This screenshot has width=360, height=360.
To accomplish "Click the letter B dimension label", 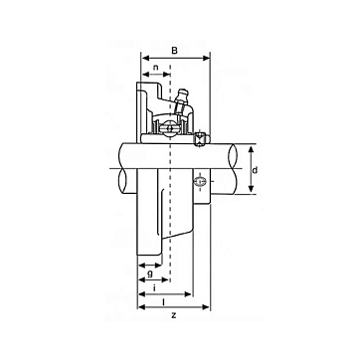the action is tap(175, 51).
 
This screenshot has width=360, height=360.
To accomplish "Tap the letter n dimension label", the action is tap(156, 67).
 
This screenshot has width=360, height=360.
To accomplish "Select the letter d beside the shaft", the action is tap(255, 170).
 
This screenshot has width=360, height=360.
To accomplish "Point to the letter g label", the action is tap(150, 274).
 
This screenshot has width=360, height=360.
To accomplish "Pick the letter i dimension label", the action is tap(155, 288).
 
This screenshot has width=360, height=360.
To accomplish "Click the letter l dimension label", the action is tap(163, 301).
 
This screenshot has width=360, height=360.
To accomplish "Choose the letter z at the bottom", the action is tap(174, 315).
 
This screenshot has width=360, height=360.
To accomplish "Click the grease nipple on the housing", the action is tap(182, 97).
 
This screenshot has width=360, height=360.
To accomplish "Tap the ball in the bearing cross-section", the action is tap(170, 127).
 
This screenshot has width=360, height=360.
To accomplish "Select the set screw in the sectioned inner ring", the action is tap(200, 139).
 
